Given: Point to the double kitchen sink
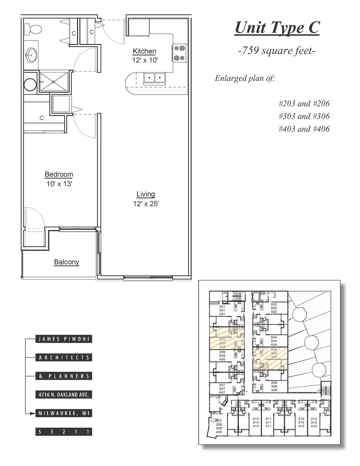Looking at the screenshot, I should (x=154, y=78).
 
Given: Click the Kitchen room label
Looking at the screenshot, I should (x=144, y=51).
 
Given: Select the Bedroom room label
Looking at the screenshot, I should (x=59, y=174).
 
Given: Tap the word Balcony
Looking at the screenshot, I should (x=66, y=262).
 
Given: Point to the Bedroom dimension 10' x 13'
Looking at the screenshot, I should (x=59, y=183).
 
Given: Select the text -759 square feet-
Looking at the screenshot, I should (x=277, y=51).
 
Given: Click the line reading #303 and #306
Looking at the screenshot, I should (x=304, y=116).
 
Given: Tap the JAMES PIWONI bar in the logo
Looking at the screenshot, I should (x=64, y=339).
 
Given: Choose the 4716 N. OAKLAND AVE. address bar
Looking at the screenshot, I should (x=64, y=395).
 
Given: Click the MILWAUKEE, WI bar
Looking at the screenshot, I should (x=64, y=413).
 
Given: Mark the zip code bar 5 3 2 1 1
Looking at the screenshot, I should (x=64, y=432).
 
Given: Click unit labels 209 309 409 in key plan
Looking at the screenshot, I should (x=219, y=428).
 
